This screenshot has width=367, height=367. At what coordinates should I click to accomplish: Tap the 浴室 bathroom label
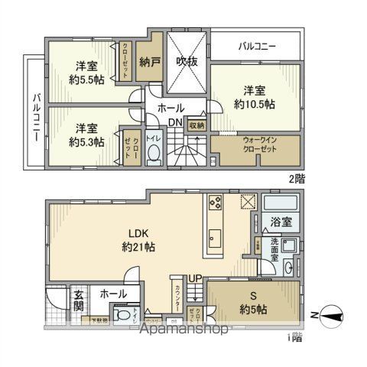click(280, 223)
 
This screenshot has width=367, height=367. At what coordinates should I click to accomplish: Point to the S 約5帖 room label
click(251, 304)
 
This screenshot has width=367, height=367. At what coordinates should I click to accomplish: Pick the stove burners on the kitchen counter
click(213, 205)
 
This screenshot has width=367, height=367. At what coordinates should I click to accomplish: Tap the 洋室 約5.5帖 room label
click(85, 72)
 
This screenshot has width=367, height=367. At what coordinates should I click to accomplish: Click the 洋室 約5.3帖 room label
click(85, 135)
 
